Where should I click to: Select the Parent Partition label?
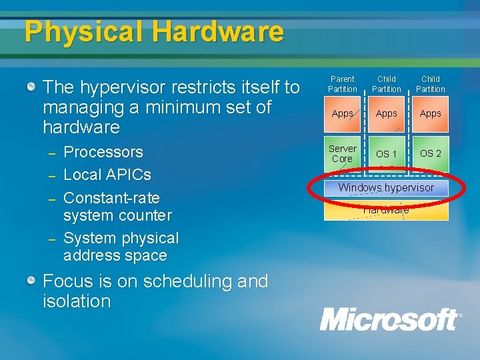point(343,84)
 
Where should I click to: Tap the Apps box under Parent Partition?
point(343,113)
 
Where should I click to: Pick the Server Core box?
point(343,153)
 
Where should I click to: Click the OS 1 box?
point(386,154)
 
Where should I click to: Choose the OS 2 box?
point(430,153)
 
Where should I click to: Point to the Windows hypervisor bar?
point(386,187)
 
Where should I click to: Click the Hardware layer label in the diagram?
point(386,210)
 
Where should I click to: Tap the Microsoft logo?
point(390,319)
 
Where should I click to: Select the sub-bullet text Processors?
point(103,152)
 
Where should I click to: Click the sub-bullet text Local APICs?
point(107,175)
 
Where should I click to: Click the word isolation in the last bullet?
point(77,301)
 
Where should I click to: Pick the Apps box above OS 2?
point(430,113)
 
